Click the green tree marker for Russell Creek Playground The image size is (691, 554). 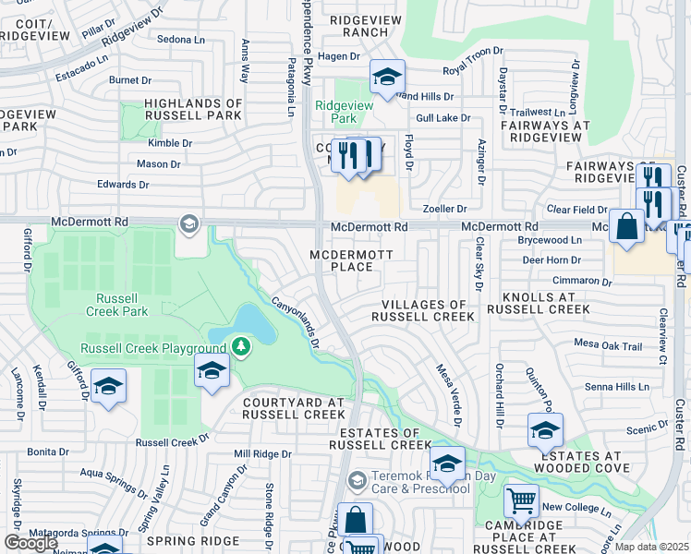pyautogui.click(x=241, y=347)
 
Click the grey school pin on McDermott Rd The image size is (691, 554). pyautogui.click(x=188, y=223)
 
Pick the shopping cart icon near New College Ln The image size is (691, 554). pyautogui.click(x=521, y=501)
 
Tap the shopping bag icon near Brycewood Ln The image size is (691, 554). pyautogui.click(x=626, y=226)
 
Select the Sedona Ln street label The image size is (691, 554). pyautogui.click(x=181, y=40)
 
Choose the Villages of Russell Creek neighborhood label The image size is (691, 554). pyautogui.click(x=422, y=310)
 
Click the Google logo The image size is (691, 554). pyautogui.click(x=30, y=542)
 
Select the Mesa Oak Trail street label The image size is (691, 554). pyautogui.click(x=607, y=345)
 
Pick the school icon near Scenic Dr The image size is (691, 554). pyautogui.click(x=545, y=429)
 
